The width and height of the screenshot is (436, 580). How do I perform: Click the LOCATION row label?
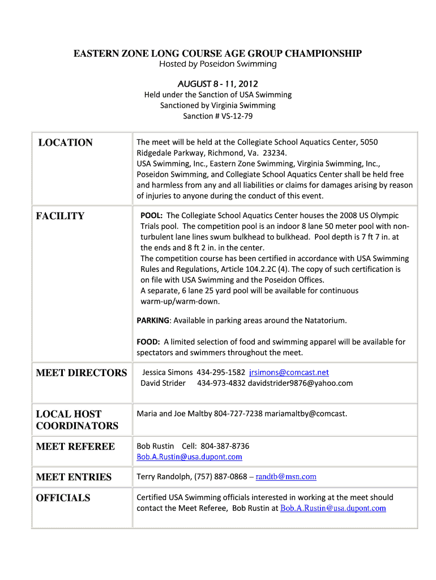click(65, 143)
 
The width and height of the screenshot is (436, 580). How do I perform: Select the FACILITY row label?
click(60, 216)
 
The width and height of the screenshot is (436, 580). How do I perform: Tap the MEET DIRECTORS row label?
click(82, 373)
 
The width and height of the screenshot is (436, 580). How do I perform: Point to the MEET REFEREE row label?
click(75, 446)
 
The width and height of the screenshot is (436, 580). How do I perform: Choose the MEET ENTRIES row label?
click(74, 477)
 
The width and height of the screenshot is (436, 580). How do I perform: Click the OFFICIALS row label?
click(63, 498)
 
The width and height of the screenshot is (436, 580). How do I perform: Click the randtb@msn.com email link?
click(286, 477)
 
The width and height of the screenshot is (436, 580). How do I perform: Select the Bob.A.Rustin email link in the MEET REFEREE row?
click(189, 457)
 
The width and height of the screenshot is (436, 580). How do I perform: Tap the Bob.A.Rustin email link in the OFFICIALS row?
click(333, 508)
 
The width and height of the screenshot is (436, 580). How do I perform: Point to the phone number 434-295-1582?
click(220, 373)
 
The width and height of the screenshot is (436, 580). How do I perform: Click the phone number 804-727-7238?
click(238, 413)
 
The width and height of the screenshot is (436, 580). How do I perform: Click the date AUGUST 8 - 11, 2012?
click(217, 84)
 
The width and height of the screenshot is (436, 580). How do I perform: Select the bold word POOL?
click(152, 216)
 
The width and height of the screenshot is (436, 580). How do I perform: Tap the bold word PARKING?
click(153, 321)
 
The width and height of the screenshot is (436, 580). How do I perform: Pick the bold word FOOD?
click(148, 342)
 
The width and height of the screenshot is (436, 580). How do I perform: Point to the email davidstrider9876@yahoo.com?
click(300, 383)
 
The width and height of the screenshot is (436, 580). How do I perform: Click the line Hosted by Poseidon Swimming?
click(217, 64)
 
